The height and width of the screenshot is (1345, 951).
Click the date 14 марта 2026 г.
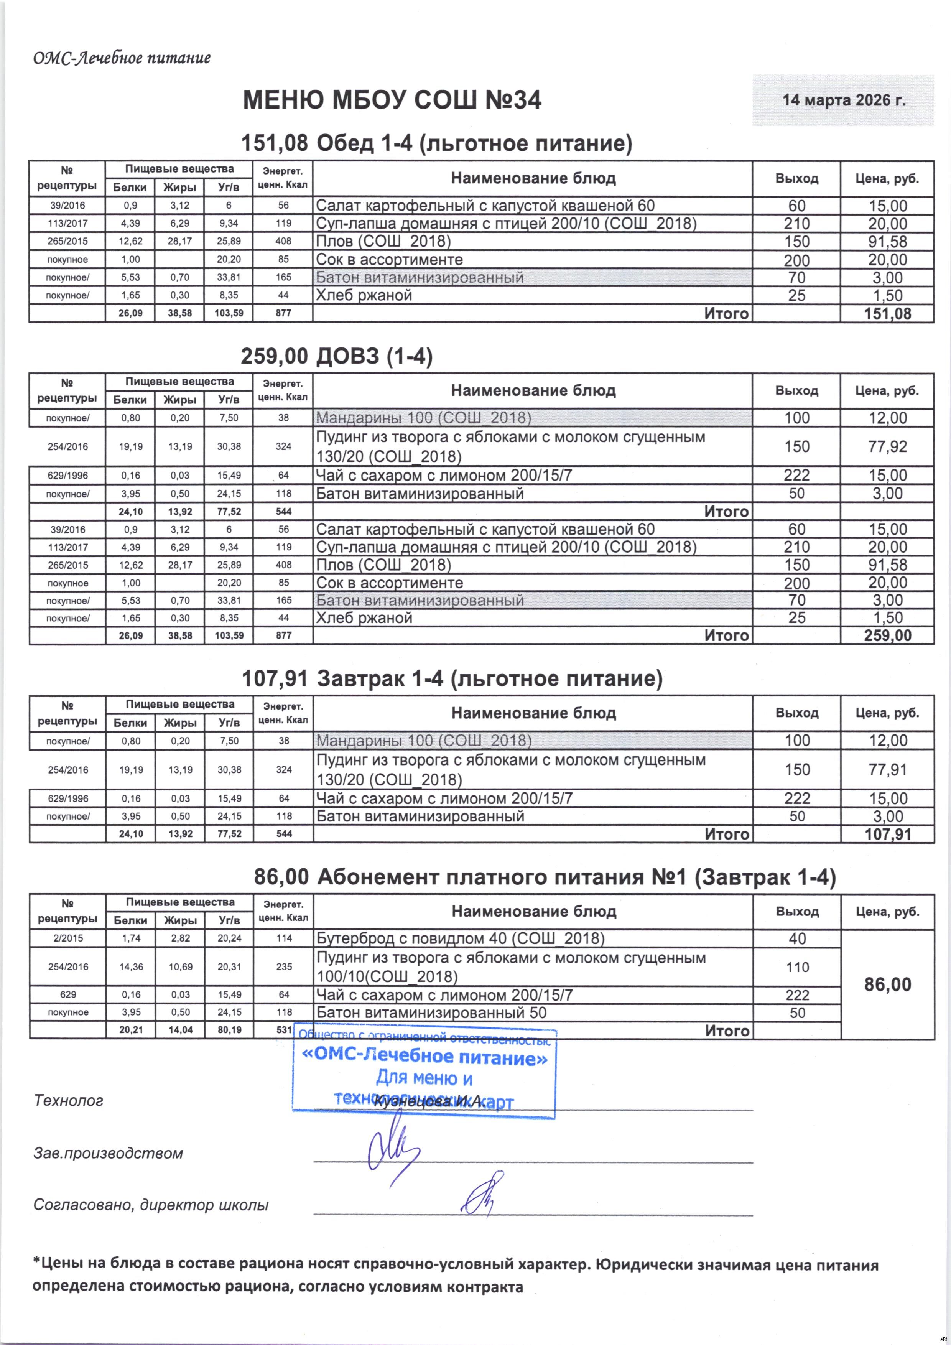[x=843, y=100]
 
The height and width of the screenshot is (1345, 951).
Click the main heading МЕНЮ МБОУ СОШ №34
[x=392, y=100]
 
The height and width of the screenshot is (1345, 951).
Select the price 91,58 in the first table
[x=888, y=241]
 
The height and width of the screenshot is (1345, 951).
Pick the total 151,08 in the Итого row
[x=888, y=313]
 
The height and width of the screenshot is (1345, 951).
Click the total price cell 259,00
[x=888, y=635]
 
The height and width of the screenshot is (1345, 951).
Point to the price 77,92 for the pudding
[x=888, y=446]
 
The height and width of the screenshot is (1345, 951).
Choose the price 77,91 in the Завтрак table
[x=888, y=769]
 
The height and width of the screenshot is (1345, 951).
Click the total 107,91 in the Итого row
[x=888, y=834]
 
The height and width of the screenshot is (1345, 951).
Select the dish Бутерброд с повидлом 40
[x=460, y=938]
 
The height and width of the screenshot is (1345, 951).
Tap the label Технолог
[x=69, y=1100]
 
